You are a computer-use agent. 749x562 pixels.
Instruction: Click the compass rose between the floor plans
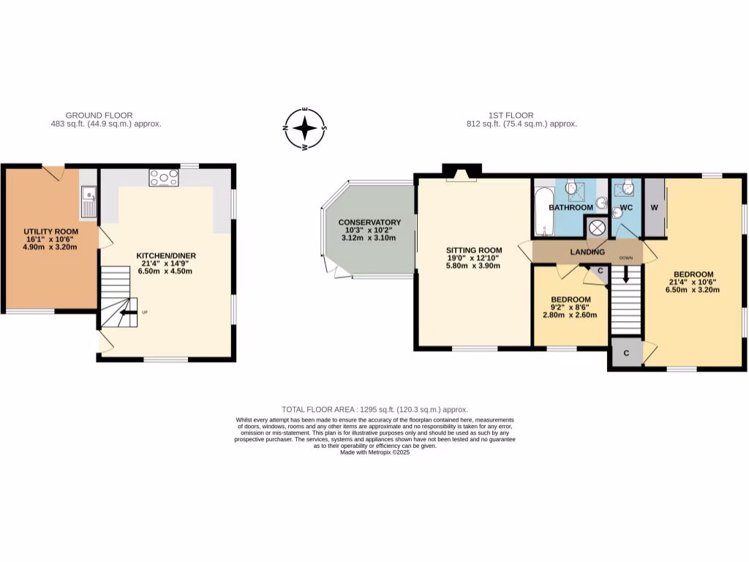click(305, 129)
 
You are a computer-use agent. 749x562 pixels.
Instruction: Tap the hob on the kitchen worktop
click(164, 177)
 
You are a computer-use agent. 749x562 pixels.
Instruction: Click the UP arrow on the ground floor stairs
click(125, 312)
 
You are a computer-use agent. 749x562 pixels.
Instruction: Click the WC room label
click(626, 208)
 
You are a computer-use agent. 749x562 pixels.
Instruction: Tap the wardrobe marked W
click(654, 208)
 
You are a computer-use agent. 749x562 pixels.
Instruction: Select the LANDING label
click(589, 252)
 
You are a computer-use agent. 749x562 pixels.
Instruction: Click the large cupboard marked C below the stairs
click(626, 353)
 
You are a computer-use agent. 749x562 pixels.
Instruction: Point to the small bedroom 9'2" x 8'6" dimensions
click(570, 308)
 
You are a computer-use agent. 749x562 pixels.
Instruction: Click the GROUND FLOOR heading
click(99, 116)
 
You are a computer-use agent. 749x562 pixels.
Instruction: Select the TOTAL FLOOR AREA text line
click(374, 410)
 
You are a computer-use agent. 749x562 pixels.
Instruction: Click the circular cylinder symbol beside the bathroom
click(597, 228)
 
